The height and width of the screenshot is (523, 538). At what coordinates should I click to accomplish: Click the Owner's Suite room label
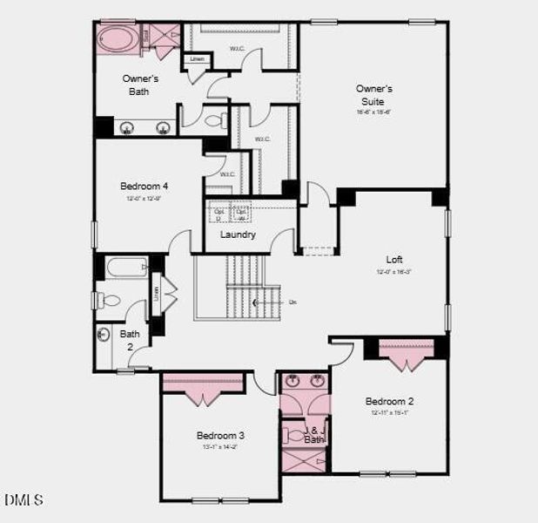(x=374, y=95)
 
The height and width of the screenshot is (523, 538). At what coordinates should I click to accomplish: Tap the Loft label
(x=394, y=259)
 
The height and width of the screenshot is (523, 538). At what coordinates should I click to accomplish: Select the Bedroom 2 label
(x=389, y=401)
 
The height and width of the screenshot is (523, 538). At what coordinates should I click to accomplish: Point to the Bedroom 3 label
(x=219, y=435)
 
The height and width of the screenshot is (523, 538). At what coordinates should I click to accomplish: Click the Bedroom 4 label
(x=144, y=186)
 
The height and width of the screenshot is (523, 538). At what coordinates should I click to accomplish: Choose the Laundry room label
(x=238, y=234)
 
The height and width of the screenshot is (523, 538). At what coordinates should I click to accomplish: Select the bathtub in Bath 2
(x=126, y=267)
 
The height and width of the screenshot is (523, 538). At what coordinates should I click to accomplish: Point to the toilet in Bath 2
(x=110, y=301)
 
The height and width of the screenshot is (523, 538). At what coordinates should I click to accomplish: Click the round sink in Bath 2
(x=104, y=334)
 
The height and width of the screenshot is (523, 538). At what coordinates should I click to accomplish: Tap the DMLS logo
(x=24, y=500)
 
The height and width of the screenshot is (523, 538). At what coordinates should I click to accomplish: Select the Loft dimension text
(x=394, y=272)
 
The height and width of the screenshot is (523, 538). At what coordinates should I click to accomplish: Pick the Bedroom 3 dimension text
(x=219, y=446)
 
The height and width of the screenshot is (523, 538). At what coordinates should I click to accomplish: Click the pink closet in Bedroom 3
(x=204, y=381)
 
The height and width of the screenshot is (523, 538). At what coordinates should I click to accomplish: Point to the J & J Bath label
(x=313, y=434)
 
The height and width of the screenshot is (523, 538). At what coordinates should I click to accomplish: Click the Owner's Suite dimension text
(x=374, y=112)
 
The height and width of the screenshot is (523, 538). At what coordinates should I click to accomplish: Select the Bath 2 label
(x=129, y=339)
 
